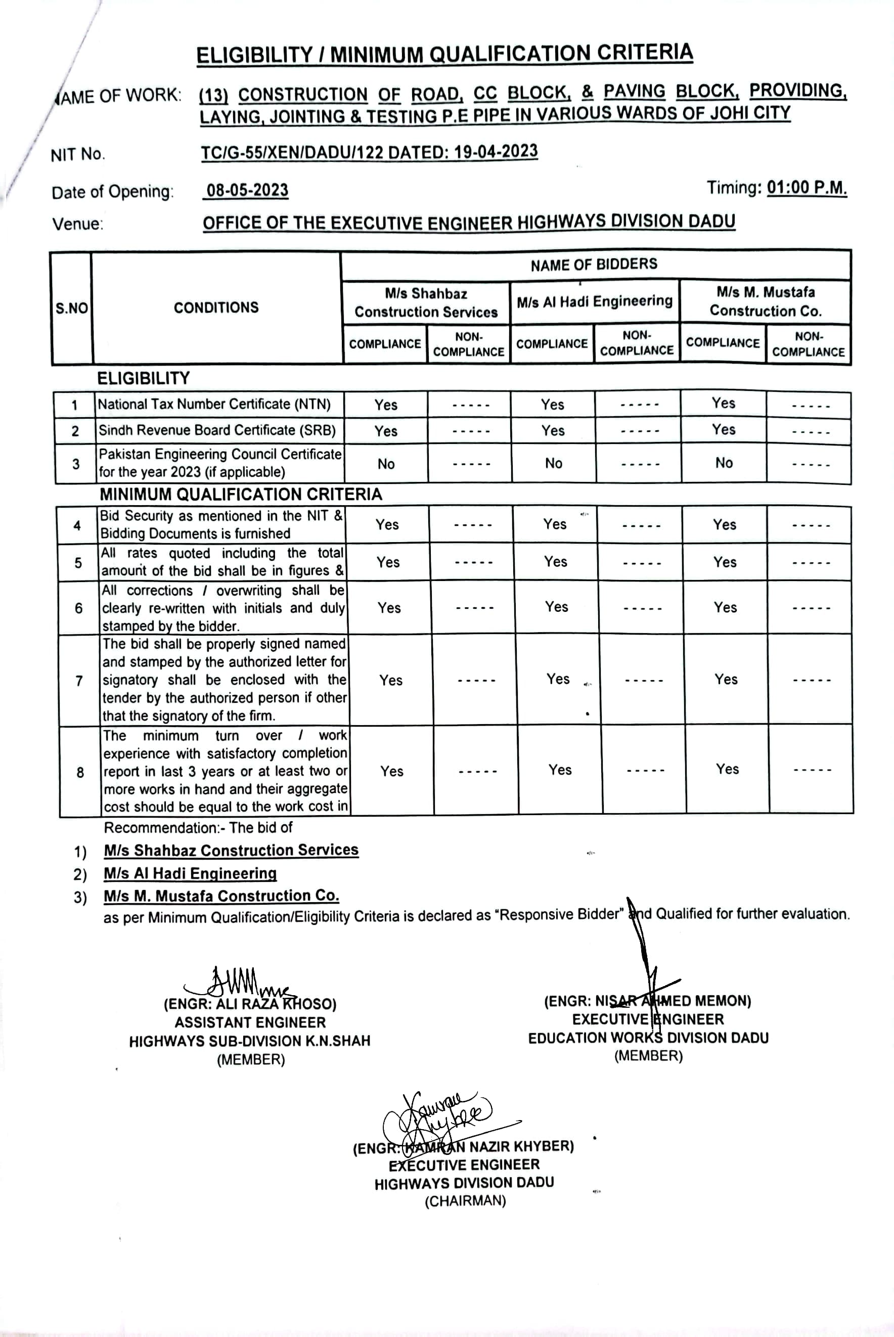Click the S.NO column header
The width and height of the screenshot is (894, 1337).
[x=72, y=308]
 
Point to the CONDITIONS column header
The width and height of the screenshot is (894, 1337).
[x=216, y=308]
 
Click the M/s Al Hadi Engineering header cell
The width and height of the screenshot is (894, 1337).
[x=594, y=301]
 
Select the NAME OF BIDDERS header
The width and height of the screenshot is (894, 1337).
[x=594, y=264]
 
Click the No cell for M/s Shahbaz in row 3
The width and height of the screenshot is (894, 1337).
[x=386, y=464]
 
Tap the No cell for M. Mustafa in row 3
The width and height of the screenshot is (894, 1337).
[x=724, y=463]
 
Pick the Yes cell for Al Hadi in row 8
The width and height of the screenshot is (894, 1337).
[x=559, y=770]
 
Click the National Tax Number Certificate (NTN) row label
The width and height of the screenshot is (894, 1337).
[x=214, y=404]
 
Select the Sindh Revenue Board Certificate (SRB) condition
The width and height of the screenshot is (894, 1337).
[x=216, y=430]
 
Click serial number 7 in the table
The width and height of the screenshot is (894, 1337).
[x=79, y=681]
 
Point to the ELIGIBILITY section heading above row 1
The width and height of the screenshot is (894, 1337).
[x=143, y=379]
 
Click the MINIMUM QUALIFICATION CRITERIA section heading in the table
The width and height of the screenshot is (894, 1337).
[x=241, y=495]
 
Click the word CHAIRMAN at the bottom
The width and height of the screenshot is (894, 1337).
[x=465, y=1201]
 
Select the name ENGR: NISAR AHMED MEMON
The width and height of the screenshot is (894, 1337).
[x=647, y=1001]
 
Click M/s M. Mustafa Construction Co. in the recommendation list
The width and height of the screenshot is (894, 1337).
[x=221, y=896]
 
